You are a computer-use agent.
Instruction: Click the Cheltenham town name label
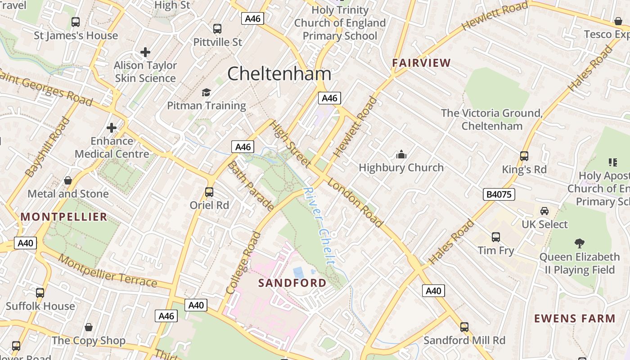[279, 74]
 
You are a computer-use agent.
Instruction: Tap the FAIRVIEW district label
[421, 63]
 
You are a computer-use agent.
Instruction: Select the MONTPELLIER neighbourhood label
[64, 217]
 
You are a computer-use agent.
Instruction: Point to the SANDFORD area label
[292, 283]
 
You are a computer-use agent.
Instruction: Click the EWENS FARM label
[574, 319]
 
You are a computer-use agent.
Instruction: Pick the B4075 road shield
[499, 194]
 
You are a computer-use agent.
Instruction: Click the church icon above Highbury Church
[401, 155]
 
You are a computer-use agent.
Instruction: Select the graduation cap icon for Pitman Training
[206, 93]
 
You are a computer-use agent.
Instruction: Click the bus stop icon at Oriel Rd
[209, 192]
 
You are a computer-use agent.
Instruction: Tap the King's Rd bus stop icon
[524, 156]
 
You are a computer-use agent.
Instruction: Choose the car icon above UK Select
[544, 211]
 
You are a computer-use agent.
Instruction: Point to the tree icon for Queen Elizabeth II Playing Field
[579, 243]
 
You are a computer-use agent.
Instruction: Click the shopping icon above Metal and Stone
[68, 180]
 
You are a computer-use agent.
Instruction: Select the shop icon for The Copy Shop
[89, 327]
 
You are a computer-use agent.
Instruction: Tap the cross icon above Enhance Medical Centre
[112, 128]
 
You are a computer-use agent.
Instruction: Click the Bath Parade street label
[250, 185]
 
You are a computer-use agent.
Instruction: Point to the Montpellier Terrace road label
[108, 272]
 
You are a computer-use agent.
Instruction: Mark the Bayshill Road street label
[48, 147]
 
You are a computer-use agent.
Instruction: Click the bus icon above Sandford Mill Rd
[464, 327]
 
